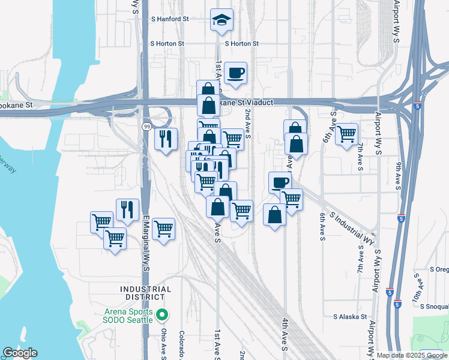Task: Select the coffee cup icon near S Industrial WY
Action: click(279, 182)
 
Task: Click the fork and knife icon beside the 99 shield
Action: click(166, 139)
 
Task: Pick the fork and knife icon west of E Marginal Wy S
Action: click(127, 209)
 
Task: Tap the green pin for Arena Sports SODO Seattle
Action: click(161, 314)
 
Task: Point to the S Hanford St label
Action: click(170, 19)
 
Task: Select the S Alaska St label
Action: click(350, 316)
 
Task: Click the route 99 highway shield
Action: click(146, 126)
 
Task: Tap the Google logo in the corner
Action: click(20, 353)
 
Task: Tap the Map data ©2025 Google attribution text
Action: click(412, 355)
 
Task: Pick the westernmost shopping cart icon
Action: click(101, 221)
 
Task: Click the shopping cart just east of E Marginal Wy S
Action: click(163, 229)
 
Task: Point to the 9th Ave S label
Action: click(398, 173)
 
